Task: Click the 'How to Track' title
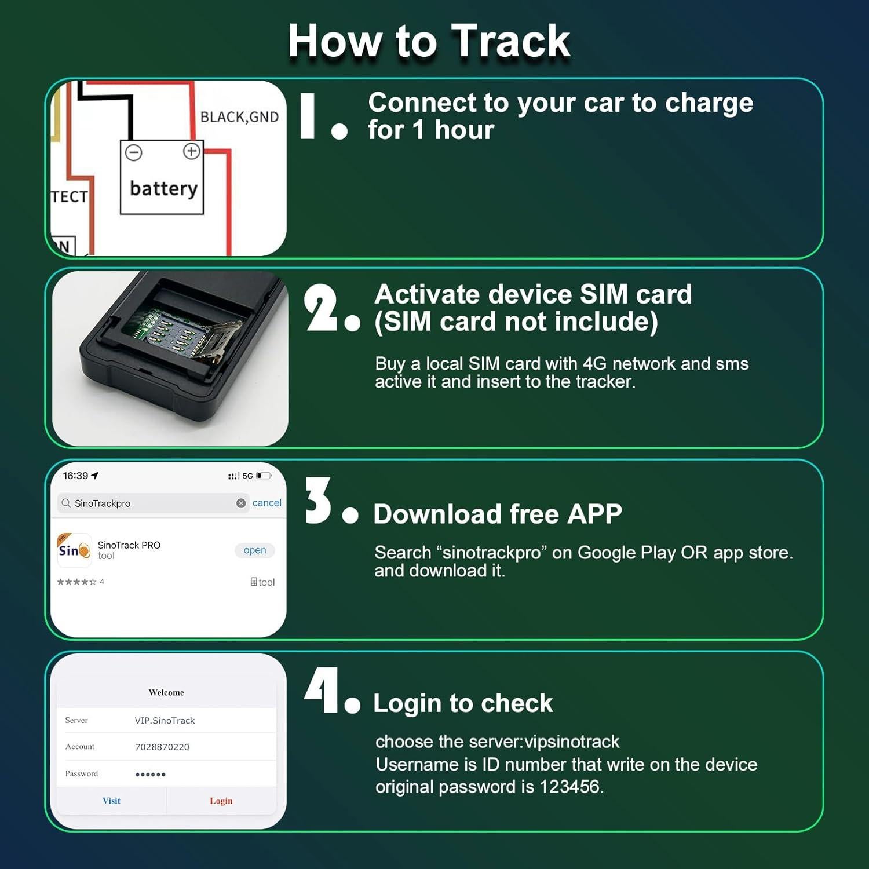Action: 429,41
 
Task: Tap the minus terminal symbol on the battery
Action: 134,152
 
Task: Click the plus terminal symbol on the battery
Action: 191,151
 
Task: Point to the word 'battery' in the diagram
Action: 163,188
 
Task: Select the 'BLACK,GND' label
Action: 239,117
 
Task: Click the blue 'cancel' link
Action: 266,503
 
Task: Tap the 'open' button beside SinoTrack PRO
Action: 255,550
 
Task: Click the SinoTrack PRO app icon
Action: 74,550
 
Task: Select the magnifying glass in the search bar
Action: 66,503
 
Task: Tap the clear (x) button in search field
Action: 241,503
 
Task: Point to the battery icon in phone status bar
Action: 264,476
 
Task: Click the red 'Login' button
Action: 221,801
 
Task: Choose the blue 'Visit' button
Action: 111,801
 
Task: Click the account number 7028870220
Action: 162,747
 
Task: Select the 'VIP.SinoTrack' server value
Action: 165,721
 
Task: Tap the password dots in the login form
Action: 150,775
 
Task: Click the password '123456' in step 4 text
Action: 569,787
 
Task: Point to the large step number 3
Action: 318,501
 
